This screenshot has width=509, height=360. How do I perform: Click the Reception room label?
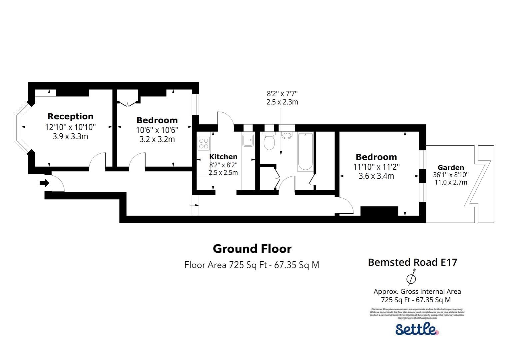coord(70,116)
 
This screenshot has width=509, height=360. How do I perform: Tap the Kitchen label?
coord(223,157)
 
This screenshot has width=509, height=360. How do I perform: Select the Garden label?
coord(451,168)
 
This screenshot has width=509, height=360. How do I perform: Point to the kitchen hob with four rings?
coord(204,143)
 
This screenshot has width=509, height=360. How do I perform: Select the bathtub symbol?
coord(305,152)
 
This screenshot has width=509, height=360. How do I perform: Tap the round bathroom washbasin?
coord(286,135)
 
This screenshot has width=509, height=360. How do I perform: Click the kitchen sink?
coord(248,140)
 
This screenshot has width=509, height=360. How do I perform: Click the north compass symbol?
coord(412,277)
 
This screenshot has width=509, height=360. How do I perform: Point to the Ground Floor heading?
coord(252,249)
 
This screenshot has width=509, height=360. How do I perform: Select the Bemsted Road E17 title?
coord(412,262)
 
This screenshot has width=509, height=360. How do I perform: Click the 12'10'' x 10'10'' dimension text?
coord(70,127)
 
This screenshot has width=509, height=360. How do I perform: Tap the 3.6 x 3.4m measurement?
coord(376,176)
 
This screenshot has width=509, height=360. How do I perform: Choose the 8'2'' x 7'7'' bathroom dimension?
coord(282,94)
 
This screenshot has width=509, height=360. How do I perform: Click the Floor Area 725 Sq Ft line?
coord(252,265)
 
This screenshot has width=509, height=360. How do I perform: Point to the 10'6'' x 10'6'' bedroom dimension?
coord(157,130)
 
